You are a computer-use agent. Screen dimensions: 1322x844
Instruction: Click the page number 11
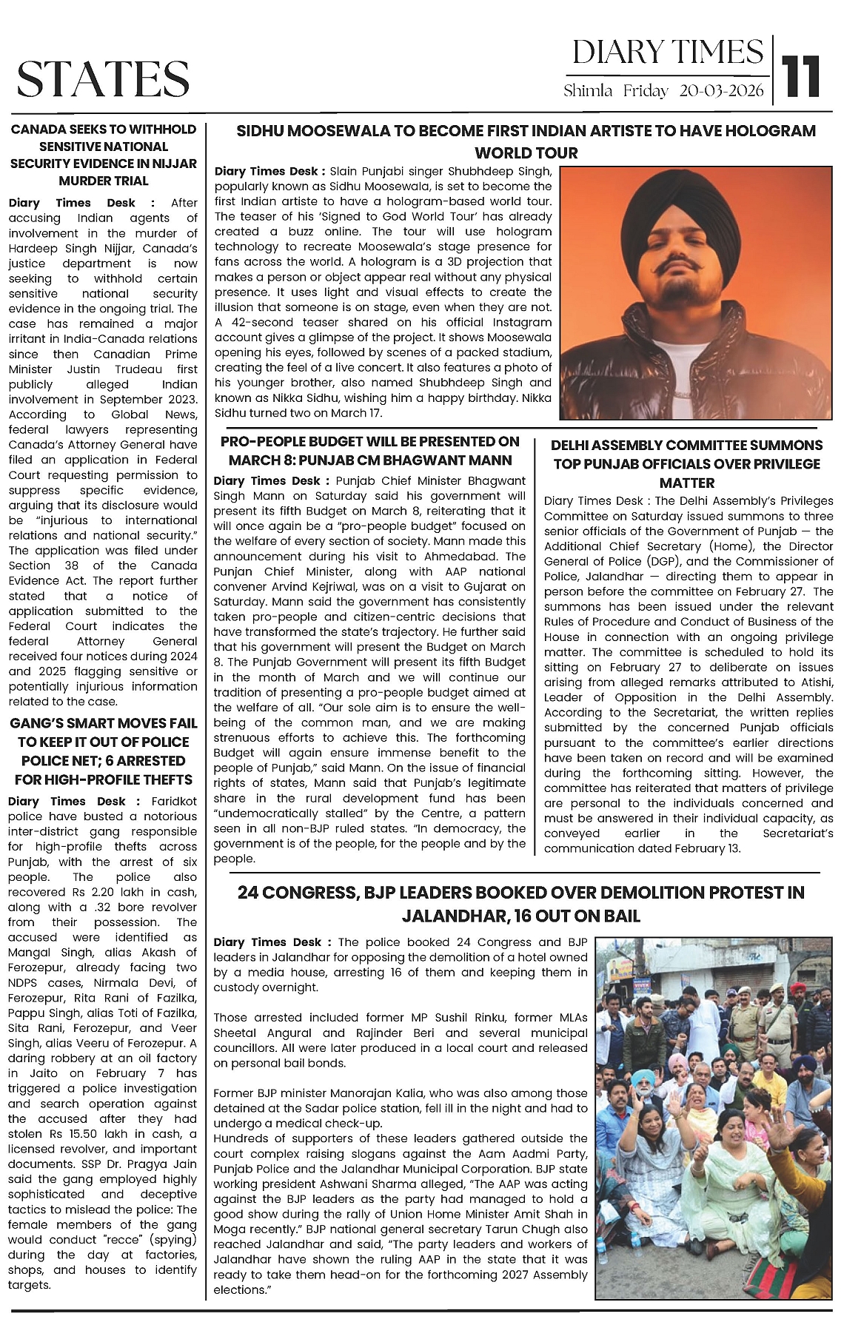coord(803,76)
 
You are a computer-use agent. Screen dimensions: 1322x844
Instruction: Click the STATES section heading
coord(103,79)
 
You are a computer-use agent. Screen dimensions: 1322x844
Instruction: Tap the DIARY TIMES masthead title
coord(667,53)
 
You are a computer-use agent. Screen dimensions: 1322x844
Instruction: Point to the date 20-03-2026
coord(722,91)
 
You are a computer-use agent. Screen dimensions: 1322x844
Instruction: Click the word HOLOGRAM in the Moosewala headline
coord(769,131)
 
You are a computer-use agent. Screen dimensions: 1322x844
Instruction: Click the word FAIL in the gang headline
coord(181,722)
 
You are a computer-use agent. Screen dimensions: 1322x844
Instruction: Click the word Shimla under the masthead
coord(588,91)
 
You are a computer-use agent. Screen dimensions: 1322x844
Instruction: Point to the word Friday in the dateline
coord(646,91)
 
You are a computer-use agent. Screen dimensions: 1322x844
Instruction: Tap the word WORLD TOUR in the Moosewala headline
coord(526,153)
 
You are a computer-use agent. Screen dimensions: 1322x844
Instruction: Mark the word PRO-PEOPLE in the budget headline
coord(261,441)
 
